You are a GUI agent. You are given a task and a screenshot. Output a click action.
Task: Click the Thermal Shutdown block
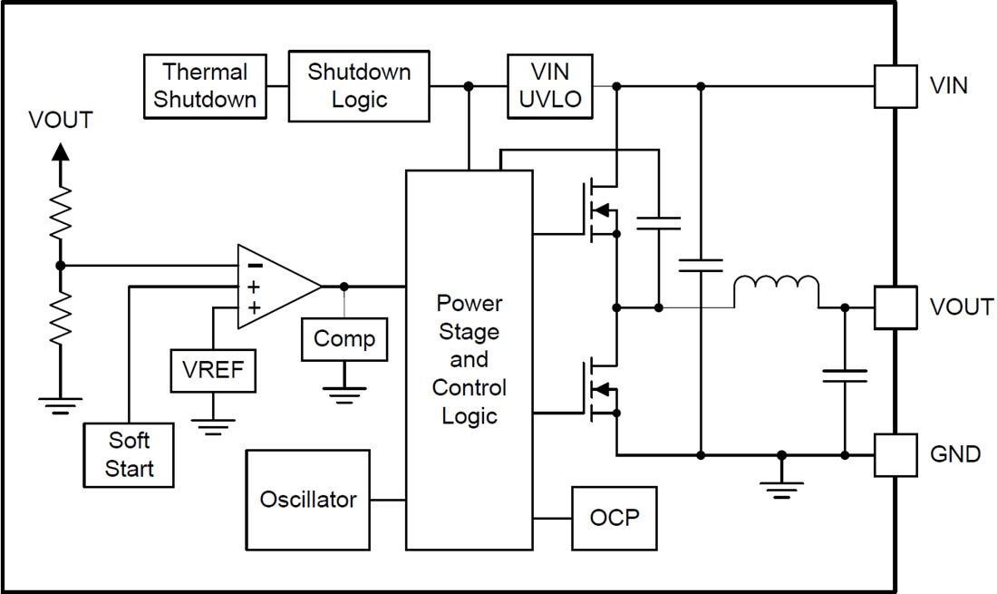click(205, 86)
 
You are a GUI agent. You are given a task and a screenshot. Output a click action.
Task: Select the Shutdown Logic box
click(359, 86)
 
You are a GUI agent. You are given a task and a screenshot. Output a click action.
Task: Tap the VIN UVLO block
click(550, 86)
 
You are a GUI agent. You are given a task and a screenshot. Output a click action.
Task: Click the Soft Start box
click(129, 454)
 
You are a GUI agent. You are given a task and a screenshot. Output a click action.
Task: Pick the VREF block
click(213, 370)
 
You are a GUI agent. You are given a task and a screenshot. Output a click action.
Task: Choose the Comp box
click(344, 339)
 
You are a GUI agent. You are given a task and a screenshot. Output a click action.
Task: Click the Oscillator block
click(308, 500)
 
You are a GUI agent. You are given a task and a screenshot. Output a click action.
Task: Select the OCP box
click(614, 518)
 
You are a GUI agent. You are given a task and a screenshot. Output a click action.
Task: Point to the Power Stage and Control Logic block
click(469, 359)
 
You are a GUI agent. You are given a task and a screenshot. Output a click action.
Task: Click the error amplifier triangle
click(274, 287)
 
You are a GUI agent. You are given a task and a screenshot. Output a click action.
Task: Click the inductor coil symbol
click(776, 287)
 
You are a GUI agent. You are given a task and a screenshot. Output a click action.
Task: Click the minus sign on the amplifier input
click(255, 266)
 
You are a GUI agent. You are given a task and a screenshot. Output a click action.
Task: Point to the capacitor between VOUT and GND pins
click(845, 375)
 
